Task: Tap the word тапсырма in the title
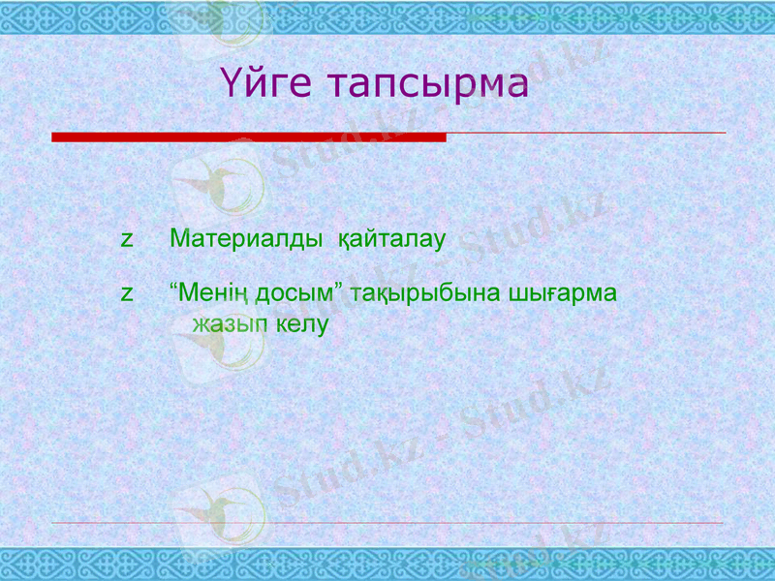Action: pyautogui.click(x=426, y=84)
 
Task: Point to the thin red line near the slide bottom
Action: pyautogui.click(x=387, y=523)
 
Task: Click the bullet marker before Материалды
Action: pyautogui.click(x=126, y=239)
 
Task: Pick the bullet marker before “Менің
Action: pyautogui.click(x=126, y=293)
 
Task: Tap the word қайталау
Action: pyautogui.click(x=390, y=238)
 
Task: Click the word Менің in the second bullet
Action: pyautogui.click(x=214, y=292)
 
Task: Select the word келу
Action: pyautogui.click(x=302, y=324)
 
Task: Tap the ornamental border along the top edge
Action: pyautogui.click(x=387, y=15)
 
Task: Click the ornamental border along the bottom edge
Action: pyautogui.click(x=387, y=564)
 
